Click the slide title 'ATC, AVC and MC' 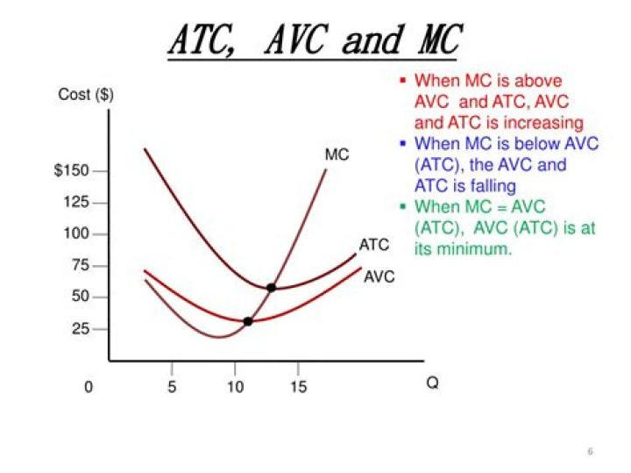point(314,40)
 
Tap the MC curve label point(337,155)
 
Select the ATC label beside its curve point(373,245)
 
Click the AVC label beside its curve point(379,277)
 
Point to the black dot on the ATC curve point(271,288)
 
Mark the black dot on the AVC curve point(248,321)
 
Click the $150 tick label point(72,170)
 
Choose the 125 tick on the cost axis point(76,203)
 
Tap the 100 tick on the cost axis point(77,234)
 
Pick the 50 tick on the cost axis point(80,297)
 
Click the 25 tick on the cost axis point(80,329)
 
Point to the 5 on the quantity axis point(172,387)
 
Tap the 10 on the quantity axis point(235,387)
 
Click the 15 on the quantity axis point(299,387)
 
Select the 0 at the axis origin point(89,387)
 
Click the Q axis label point(432,384)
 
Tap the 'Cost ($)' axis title point(86,94)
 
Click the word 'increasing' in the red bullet point(541,122)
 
